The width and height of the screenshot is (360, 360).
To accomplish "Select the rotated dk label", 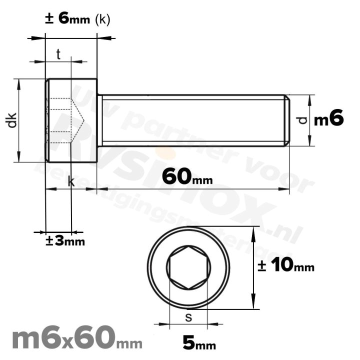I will (x=12, y=120).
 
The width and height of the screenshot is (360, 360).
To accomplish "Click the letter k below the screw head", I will (x=71, y=182).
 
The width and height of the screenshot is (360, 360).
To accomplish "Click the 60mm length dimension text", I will (x=184, y=176).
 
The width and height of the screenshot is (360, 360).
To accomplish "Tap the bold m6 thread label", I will (x=328, y=119).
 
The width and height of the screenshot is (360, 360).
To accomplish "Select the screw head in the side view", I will (x=71, y=120).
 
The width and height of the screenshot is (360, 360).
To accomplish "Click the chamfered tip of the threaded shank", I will (x=287, y=120).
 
